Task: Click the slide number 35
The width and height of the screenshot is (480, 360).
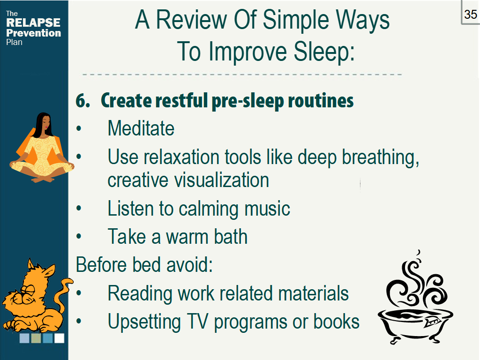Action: tap(471, 15)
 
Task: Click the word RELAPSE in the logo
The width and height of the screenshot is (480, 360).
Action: tap(33, 22)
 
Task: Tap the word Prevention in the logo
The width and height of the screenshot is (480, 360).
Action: tap(34, 33)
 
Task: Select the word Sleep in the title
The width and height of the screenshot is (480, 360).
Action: tap(324, 52)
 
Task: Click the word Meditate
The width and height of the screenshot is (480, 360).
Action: tap(141, 128)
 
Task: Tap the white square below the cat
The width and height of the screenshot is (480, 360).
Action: tap(60, 338)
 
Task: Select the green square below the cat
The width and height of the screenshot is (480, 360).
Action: tap(36, 338)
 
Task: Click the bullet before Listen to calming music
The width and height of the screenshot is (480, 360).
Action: tap(79, 209)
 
